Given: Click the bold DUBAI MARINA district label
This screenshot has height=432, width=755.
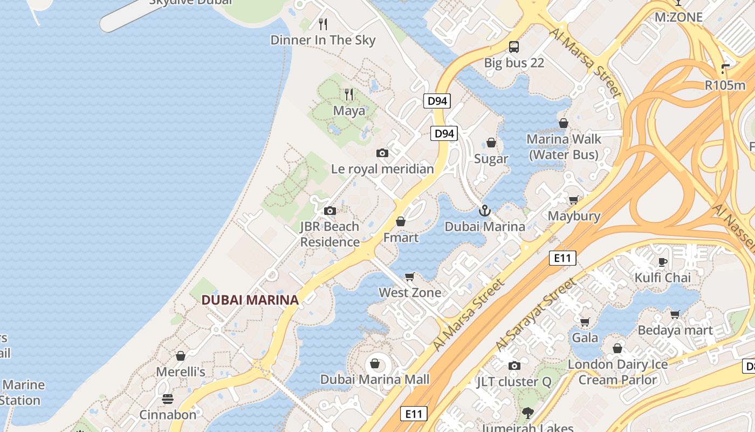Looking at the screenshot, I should click(250, 300).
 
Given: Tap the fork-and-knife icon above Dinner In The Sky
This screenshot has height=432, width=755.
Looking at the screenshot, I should click(323, 24).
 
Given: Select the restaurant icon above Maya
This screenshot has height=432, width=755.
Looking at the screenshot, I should click(349, 94).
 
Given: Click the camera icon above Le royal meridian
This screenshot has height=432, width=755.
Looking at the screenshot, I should click(382, 153).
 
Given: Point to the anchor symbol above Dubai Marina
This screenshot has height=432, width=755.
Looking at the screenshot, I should click(484, 210).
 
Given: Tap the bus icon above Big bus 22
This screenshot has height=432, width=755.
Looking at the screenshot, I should click(514, 47).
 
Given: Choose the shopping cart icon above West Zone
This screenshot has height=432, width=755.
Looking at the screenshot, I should click(410, 277).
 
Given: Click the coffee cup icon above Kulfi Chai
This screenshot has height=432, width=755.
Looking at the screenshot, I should click(663, 262).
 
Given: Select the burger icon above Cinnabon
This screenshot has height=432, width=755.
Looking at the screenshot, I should click(168, 399).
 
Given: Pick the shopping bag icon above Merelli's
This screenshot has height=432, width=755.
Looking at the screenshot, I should click(181, 356).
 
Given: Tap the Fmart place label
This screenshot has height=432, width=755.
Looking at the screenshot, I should click(401, 238).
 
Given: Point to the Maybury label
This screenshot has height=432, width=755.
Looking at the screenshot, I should click(574, 216).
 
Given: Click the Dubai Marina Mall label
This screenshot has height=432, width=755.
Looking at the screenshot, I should click(375, 380).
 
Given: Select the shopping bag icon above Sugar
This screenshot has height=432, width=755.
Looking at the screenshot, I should click(491, 143).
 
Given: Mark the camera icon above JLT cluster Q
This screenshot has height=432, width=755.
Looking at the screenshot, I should click(514, 366).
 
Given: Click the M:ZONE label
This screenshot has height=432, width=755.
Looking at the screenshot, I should click(678, 17).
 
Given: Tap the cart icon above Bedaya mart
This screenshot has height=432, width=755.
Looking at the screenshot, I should click(675, 314).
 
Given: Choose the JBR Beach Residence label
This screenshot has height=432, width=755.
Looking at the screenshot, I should click(330, 234).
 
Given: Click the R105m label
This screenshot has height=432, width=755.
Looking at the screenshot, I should click(725, 85).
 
